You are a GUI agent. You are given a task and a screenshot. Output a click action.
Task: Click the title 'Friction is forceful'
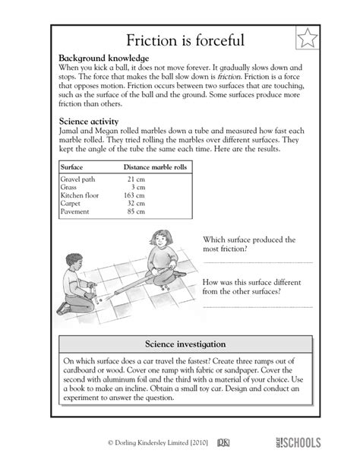[x=179, y=40]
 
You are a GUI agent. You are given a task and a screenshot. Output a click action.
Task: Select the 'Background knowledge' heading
[x=103, y=59]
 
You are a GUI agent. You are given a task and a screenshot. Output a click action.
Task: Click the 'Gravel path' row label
[x=77, y=178]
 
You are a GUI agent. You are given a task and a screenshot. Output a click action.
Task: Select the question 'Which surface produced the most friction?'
[x=248, y=243]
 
